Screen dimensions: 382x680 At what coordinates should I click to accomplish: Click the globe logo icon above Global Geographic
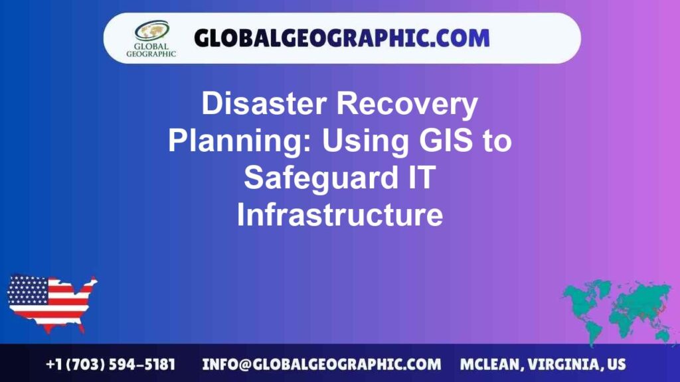tap(152, 31)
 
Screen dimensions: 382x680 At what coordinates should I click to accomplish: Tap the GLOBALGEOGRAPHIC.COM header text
tap(341, 38)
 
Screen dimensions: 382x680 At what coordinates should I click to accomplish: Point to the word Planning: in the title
tap(235, 141)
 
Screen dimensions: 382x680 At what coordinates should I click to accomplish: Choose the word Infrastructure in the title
tap(340, 216)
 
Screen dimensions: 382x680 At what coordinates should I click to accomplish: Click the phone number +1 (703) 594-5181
tap(110, 364)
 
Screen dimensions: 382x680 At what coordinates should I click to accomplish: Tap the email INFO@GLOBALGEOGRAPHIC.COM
tap(321, 364)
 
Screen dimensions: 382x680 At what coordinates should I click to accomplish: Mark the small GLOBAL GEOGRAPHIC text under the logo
tap(152, 50)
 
